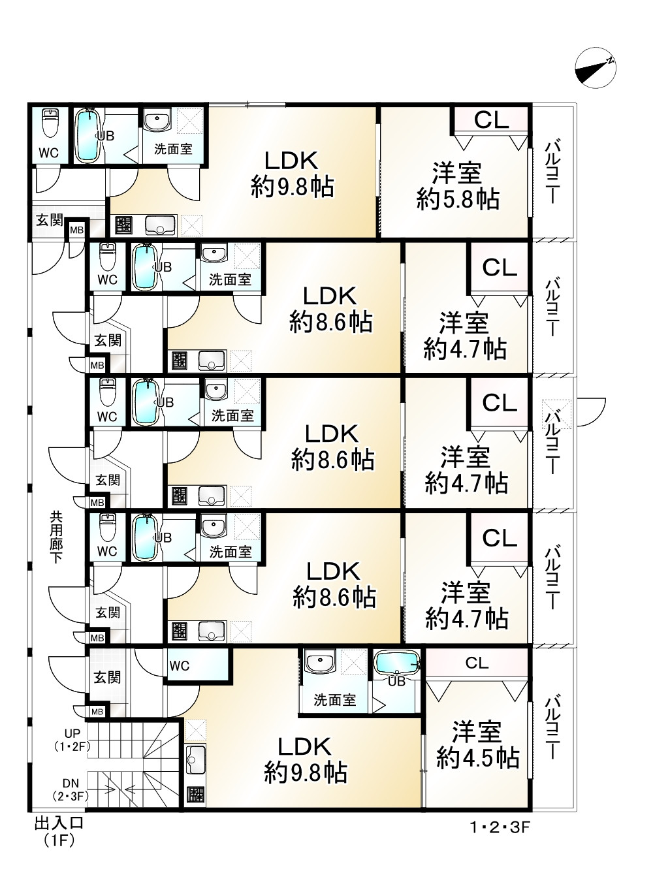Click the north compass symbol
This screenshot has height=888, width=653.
click(596, 68)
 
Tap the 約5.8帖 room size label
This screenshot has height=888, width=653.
click(458, 200)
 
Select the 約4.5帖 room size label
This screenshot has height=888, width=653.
click(478, 758)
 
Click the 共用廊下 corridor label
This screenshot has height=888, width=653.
click(56, 537)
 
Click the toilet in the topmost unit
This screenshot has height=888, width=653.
click(50, 123)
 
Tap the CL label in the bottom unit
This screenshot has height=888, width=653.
click(477, 663)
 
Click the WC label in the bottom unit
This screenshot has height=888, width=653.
click(180, 666)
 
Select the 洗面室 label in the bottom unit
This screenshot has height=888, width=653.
click(334, 700)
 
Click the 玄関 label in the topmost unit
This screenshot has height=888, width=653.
click(49, 219)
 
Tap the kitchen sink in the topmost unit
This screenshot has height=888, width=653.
click(161, 226)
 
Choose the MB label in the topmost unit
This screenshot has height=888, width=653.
click(77, 230)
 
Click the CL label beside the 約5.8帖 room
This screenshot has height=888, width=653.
click(491, 119)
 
